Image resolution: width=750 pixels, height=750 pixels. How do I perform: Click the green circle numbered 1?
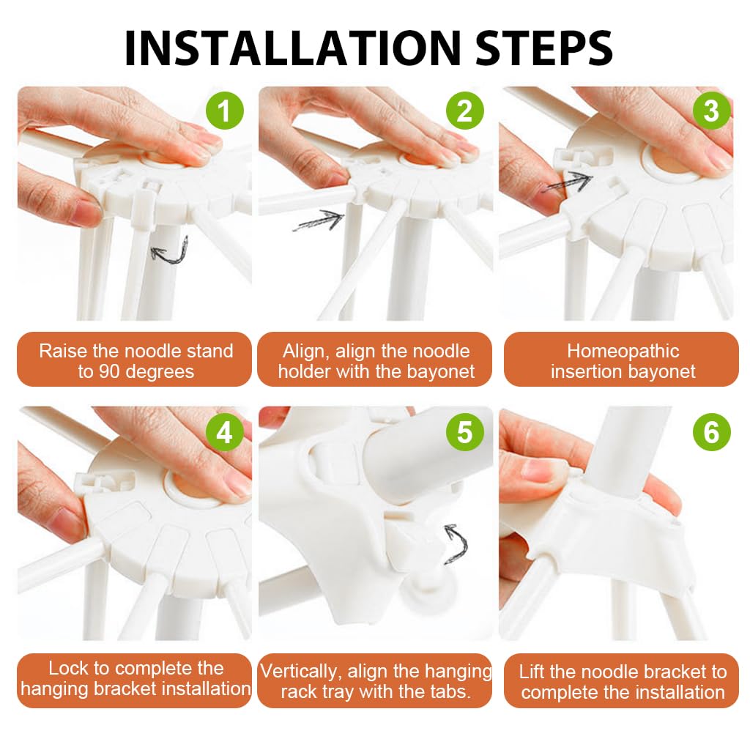point(224,111)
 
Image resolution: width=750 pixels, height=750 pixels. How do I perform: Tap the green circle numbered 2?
point(464,111)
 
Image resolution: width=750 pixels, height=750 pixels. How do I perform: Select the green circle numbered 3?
point(711,111)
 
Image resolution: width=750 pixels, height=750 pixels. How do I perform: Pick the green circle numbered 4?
point(224,432)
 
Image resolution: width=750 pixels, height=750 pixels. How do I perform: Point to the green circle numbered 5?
point(464,432)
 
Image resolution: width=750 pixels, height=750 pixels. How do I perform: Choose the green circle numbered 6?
point(711,432)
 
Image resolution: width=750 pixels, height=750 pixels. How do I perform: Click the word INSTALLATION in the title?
point(292,48)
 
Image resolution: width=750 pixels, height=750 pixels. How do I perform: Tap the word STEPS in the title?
point(544,48)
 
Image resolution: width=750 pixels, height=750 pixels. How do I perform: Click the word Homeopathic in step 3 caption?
point(623,352)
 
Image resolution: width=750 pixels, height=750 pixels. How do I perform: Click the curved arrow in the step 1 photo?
point(170,251)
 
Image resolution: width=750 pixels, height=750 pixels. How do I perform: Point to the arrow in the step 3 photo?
point(568,183)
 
